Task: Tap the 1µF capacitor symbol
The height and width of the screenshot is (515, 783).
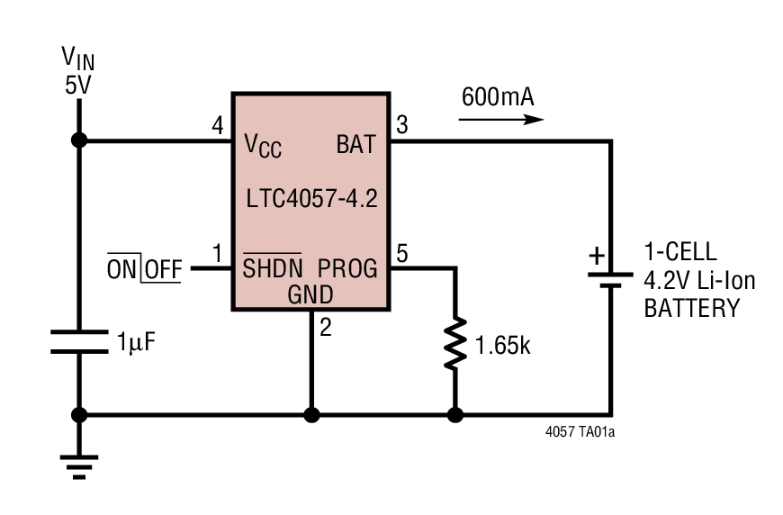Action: tap(78, 341)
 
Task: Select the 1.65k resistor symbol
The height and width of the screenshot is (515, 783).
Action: tap(455, 341)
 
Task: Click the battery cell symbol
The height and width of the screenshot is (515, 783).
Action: tap(611, 278)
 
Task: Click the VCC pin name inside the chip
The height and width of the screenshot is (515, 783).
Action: tap(263, 145)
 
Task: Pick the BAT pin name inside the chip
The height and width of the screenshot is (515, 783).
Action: tap(356, 143)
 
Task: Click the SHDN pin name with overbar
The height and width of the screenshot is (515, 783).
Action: tap(272, 268)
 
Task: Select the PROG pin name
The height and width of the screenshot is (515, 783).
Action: tap(347, 268)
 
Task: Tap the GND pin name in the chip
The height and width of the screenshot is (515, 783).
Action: tap(310, 294)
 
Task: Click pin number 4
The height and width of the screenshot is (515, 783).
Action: tap(217, 125)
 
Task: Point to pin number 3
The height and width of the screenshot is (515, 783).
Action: tap(401, 125)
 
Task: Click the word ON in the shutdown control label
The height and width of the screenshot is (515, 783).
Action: tap(121, 268)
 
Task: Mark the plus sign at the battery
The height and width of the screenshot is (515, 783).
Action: tap(596, 256)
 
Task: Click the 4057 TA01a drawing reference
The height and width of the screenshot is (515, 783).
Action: tap(580, 431)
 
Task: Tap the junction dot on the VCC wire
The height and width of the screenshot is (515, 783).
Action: tap(78, 140)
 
